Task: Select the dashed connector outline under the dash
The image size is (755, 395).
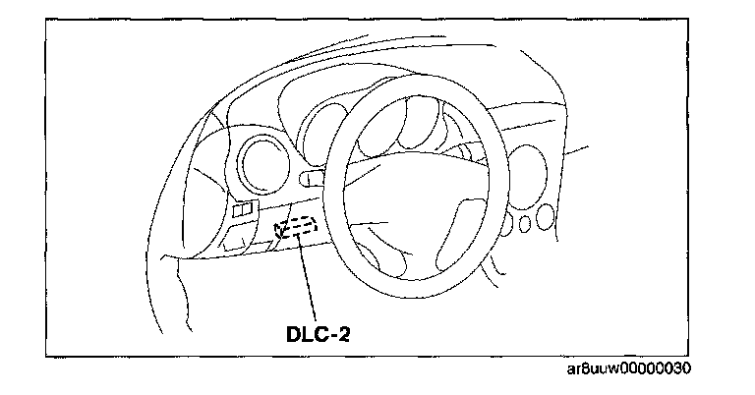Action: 297,228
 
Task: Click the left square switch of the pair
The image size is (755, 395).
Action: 239,209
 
